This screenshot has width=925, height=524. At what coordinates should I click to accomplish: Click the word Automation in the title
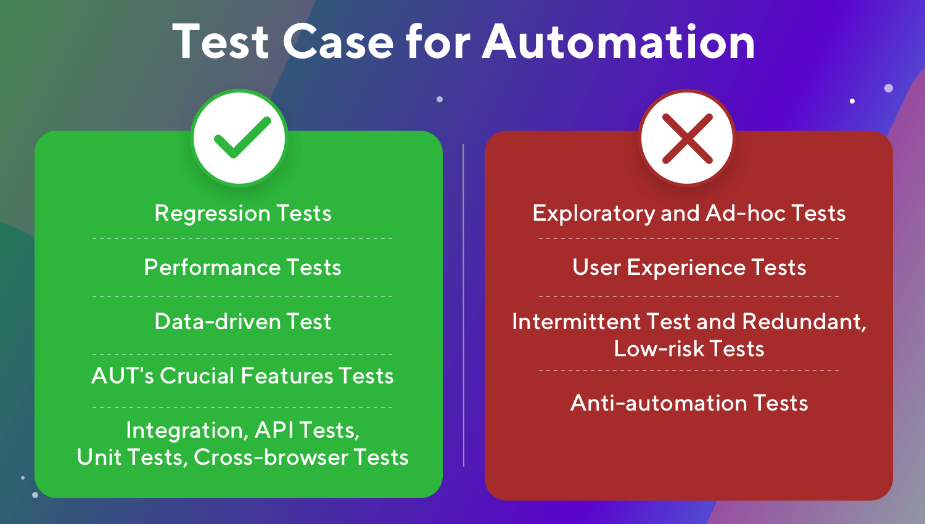[x=619, y=42]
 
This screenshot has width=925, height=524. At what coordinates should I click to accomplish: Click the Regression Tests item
[x=242, y=213]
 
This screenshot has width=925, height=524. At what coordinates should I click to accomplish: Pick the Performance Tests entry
[x=242, y=268]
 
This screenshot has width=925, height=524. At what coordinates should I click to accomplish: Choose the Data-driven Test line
[x=242, y=322]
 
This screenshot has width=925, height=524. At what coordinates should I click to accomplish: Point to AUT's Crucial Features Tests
[x=242, y=376]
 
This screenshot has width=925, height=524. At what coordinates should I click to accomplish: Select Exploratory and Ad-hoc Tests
[x=689, y=213]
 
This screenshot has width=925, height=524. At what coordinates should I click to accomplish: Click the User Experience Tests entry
[x=689, y=268]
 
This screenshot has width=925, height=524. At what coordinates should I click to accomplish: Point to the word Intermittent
[x=576, y=322]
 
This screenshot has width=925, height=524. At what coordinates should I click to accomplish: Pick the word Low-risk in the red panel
[x=658, y=349]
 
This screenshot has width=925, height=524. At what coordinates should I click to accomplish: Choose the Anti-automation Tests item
[x=689, y=403]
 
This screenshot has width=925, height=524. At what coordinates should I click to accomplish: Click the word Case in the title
[x=338, y=42]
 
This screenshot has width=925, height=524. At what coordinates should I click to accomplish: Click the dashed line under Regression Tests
[x=242, y=239]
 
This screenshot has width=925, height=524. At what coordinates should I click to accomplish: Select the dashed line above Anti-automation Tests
[x=689, y=370]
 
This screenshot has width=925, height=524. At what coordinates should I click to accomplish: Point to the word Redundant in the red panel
[x=803, y=322]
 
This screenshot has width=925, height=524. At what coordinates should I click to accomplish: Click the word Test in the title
[x=221, y=42]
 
